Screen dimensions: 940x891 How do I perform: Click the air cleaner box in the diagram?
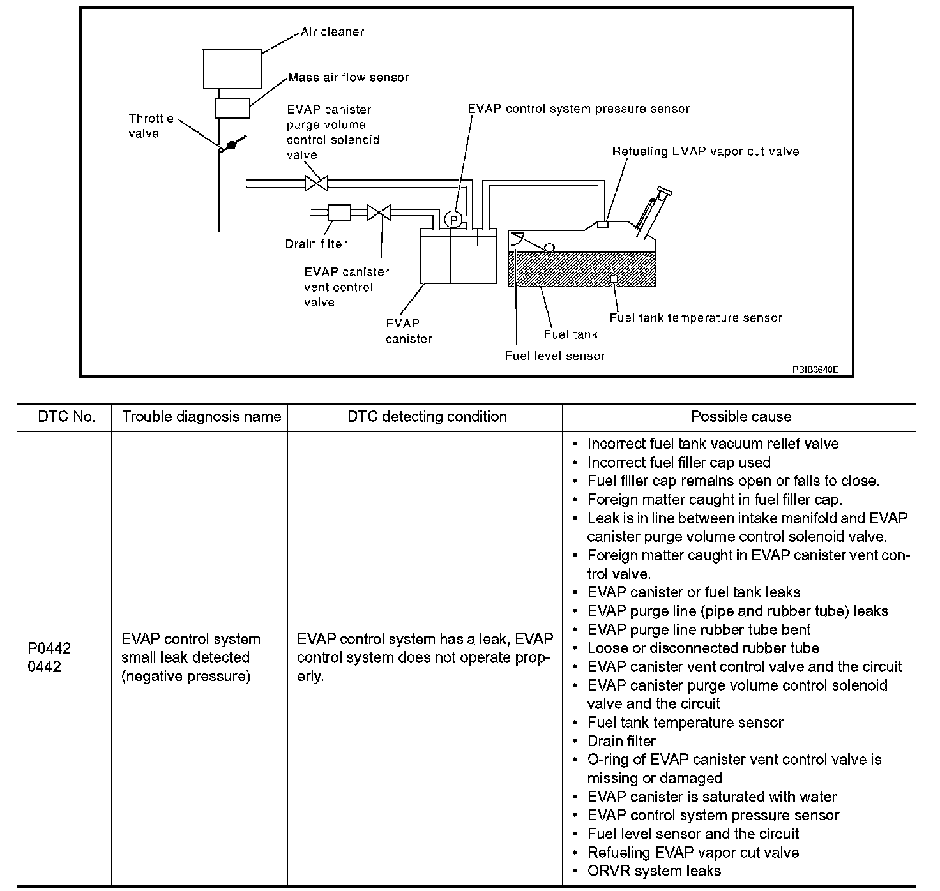point(232,69)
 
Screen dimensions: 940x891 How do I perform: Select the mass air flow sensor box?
point(232,108)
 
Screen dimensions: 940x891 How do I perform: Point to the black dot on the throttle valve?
point(231,145)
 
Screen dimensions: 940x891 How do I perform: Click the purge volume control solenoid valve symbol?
point(317,183)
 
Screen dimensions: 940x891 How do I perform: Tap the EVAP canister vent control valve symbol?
point(379,213)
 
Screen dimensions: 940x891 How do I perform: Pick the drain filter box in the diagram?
point(339,213)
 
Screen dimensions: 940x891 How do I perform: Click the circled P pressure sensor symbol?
point(453,220)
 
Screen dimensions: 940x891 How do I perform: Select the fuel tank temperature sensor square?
point(614,279)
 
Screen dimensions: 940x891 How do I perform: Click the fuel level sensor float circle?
point(549,248)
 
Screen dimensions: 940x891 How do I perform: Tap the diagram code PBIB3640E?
point(815,370)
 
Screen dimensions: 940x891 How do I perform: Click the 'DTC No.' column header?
point(66,417)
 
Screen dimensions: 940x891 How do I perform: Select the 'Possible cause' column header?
point(741,417)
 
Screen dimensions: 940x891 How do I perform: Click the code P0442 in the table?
point(49,648)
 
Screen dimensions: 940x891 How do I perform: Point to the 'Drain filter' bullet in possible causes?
point(621,741)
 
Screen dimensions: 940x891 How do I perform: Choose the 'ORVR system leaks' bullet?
point(654,871)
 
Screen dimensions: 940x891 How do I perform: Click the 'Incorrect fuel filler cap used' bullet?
point(679,462)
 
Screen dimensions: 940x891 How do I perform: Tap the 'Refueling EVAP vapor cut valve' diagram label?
point(706,151)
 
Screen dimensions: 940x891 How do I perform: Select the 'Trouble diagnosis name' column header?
point(201,417)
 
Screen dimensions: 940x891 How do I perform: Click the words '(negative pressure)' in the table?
point(186,676)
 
